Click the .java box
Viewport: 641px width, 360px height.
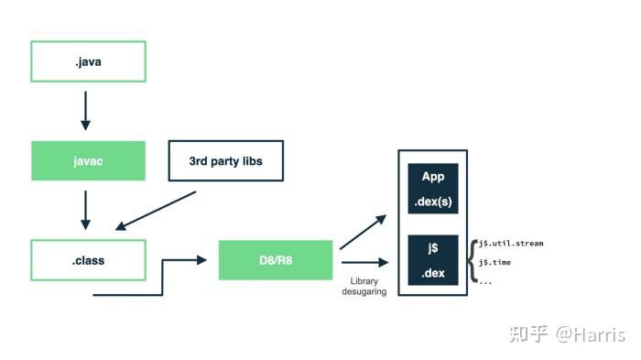point(88,61)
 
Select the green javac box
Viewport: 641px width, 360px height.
point(88,160)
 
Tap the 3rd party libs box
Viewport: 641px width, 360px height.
point(225,160)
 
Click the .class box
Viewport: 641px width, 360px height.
point(88,260)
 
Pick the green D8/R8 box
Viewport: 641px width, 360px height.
point(276,260)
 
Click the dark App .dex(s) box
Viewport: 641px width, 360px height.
point(432,188)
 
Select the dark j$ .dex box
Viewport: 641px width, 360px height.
point(432,259)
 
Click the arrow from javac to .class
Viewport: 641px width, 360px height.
point(86,210)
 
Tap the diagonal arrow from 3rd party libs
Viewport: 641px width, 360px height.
point(156,210)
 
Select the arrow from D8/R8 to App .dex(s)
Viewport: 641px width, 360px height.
point(364,232)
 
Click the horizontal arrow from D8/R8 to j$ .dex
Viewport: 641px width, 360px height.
point(364,262)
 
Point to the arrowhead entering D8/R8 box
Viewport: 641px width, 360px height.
point(202,260)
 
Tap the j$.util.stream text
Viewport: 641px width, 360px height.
point(511,244)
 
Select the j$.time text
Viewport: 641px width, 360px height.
point(496,263)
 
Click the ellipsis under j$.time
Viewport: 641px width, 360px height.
point(485,281)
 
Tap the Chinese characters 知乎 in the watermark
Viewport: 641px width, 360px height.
point(529,334)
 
